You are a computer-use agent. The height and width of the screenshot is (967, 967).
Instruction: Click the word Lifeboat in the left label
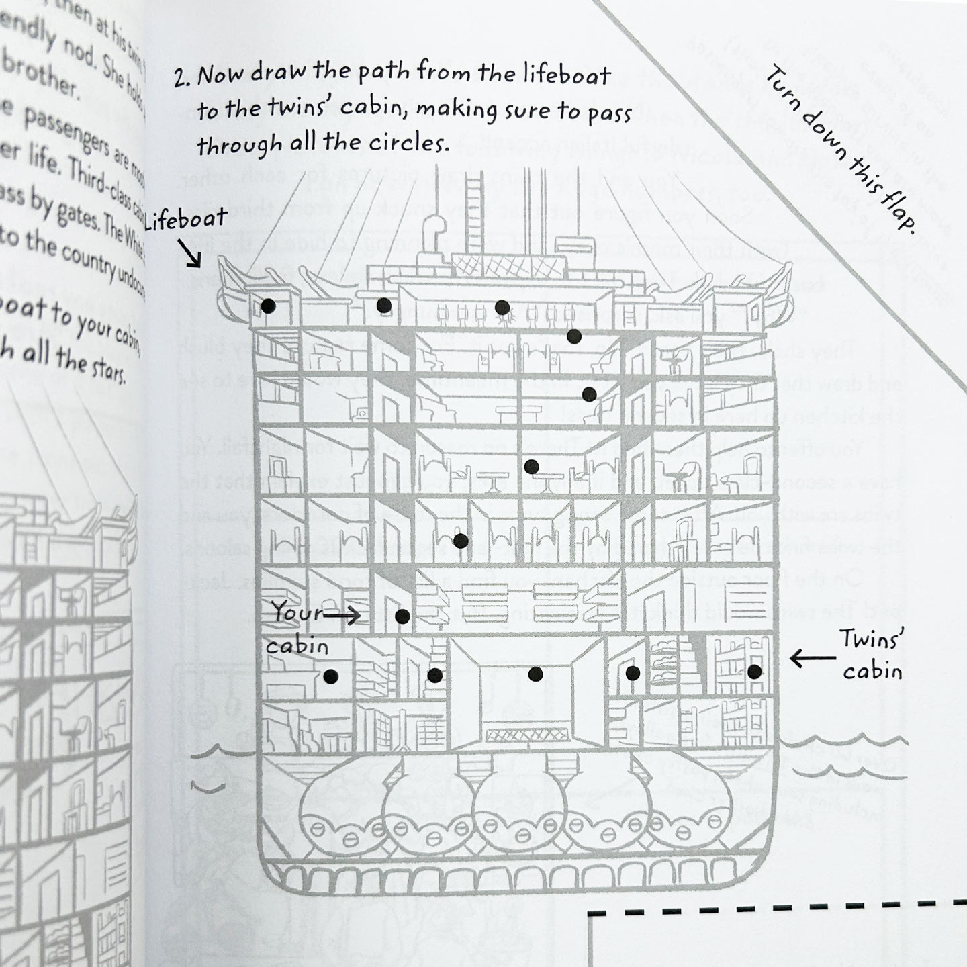pos(185,220)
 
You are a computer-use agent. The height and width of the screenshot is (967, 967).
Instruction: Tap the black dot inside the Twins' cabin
pos(754,671)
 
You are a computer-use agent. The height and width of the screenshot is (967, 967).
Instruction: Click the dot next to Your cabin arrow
pos(402,616)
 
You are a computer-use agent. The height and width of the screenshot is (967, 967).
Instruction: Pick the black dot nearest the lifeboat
pos(268,306)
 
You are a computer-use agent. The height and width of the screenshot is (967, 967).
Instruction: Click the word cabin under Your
pos(297,645)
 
